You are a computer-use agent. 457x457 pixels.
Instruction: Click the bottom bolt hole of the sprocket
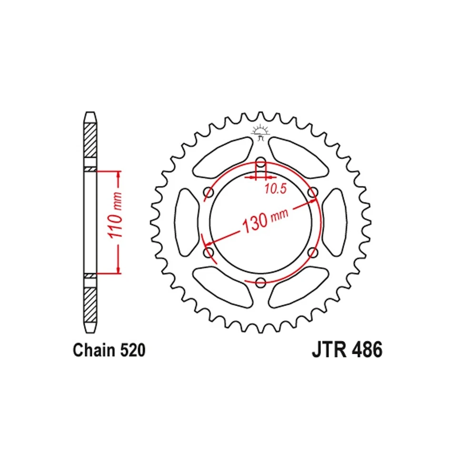click(x=260, y=283)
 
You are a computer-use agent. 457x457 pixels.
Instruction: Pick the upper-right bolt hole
click(x=312, y=192)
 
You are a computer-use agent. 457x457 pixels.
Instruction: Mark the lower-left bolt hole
click(x=209, y=252)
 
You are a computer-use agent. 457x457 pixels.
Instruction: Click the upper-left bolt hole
click(x=209, y=192)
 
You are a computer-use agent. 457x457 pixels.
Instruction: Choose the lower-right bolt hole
click(x=312, y=252)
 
